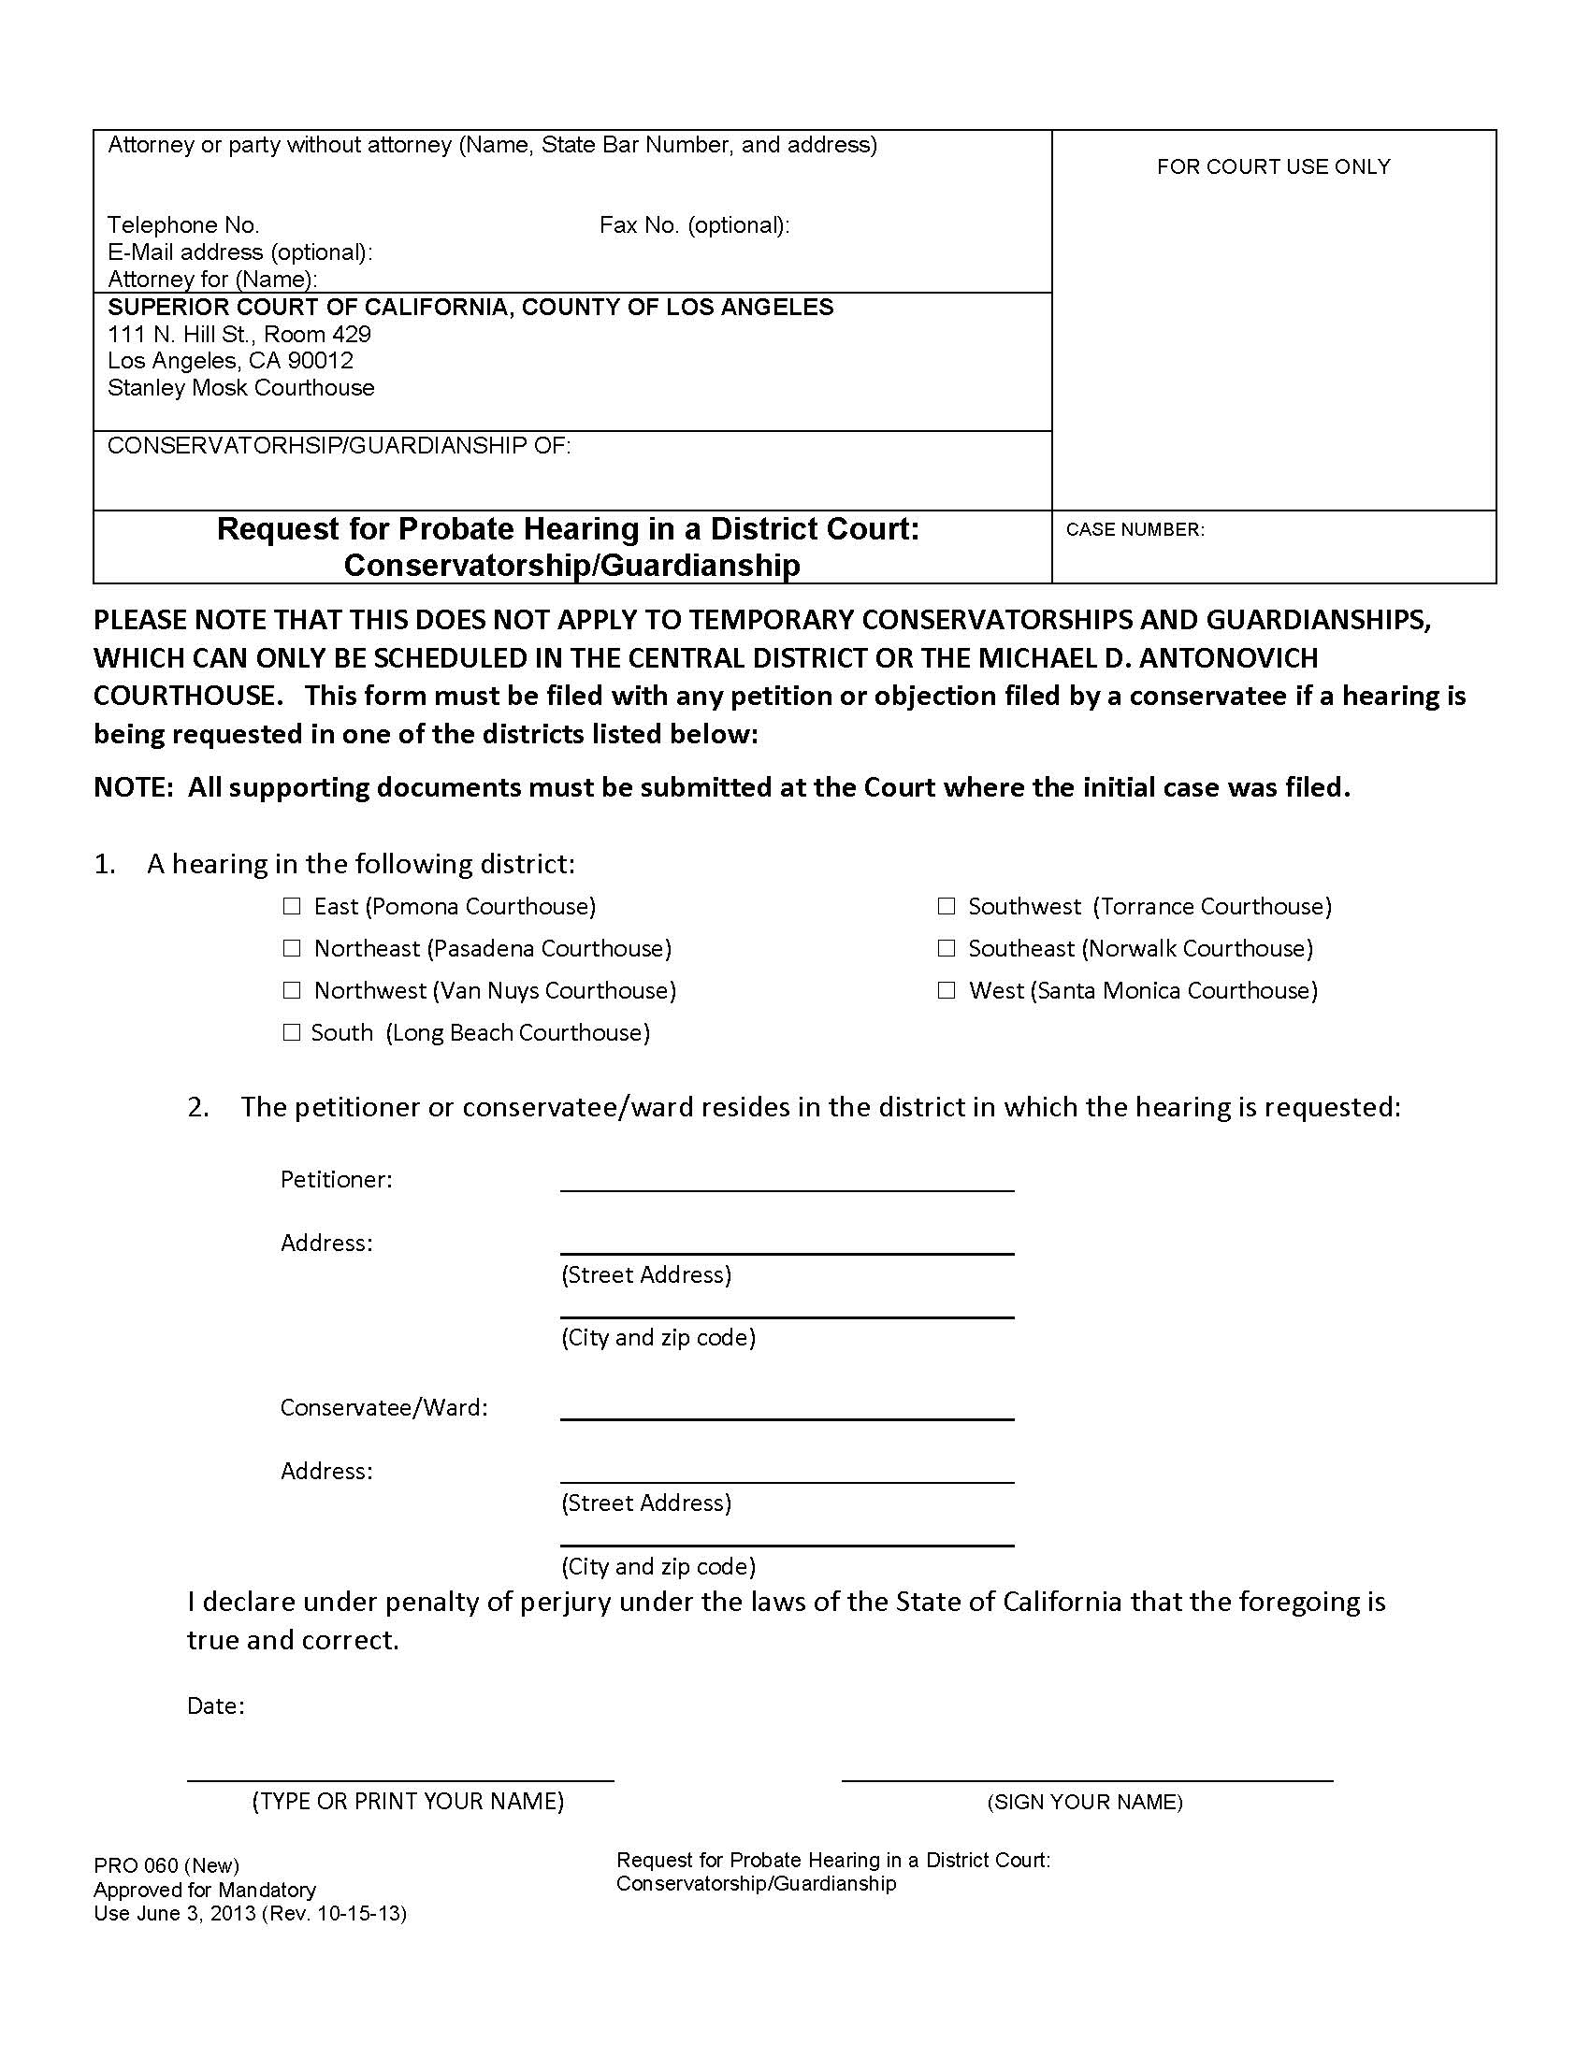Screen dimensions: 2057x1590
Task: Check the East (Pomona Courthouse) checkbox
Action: point(292,906)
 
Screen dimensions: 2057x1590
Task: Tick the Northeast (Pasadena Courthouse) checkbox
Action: point(292,948)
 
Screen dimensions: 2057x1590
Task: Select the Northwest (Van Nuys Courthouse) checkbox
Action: point(292,990)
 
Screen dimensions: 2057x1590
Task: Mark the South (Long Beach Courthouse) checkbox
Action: point(292,1032)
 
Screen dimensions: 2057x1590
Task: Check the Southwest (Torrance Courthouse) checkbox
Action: point(947,906)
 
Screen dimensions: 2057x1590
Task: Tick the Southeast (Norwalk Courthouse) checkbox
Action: point(947,948)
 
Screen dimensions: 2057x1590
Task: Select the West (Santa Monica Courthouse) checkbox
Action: point(947,990)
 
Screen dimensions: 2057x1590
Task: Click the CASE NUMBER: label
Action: point(1135,530)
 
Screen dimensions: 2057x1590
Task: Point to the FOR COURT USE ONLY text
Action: point(1274,166)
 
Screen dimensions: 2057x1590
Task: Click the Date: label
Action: point(216,1706)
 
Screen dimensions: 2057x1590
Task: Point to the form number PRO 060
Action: point(136,1866)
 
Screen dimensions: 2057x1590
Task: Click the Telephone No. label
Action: point(183,225)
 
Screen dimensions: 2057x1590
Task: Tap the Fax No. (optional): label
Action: point(694,225)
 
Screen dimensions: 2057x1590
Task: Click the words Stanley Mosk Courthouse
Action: point(241,388)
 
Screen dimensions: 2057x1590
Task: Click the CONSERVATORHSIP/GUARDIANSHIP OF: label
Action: point(340,445)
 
